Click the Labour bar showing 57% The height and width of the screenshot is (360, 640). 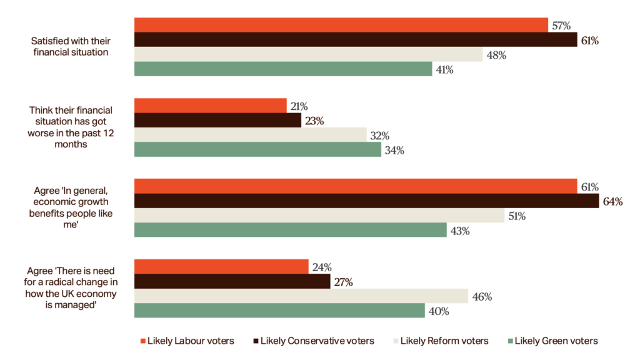341,25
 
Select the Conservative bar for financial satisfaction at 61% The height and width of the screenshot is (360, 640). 356,40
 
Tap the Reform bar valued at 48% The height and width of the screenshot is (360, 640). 309,54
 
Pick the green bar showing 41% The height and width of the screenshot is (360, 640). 283,69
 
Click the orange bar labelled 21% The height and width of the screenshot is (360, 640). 211,106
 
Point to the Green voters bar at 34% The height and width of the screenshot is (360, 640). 257,150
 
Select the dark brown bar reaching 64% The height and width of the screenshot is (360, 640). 366,201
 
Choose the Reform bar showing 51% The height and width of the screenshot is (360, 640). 319,216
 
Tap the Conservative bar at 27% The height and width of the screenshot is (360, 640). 232,281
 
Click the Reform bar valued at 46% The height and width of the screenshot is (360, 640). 301,296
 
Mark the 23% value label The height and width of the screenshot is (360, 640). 314,121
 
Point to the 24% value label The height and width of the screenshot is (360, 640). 321,267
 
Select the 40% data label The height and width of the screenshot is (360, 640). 438,311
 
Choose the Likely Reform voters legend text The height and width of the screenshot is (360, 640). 444,341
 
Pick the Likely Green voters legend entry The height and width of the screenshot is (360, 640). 556,341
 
